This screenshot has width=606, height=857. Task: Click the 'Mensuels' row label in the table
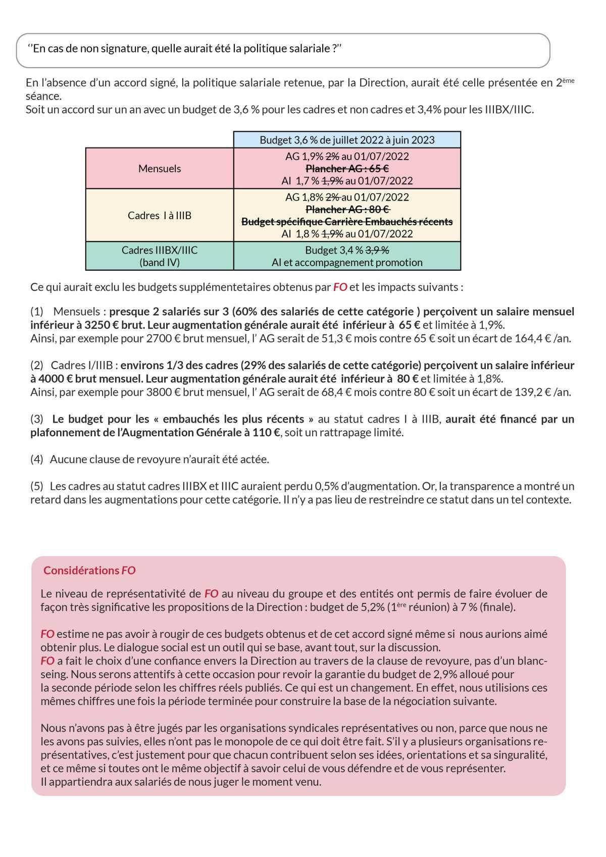click(160, 169)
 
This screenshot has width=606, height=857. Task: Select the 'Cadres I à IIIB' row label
click(160, 216)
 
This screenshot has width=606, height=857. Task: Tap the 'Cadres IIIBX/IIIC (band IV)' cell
click(160, 256)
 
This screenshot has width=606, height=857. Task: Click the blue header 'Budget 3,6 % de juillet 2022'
click(347, 140)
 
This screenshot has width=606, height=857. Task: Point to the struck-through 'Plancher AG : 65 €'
click(347, 169)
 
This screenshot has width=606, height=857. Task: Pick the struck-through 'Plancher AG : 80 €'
click(347, 209)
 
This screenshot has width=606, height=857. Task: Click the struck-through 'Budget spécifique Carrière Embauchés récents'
click(347, 222)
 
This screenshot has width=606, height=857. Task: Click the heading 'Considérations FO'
click(89, 570)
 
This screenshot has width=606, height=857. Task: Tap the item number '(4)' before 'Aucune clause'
click(37, 459)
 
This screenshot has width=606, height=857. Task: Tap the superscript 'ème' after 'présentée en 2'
click(569, 80)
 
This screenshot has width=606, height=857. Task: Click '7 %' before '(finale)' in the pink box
click(467, 607)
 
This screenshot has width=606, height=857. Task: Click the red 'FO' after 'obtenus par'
click(340, 287)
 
